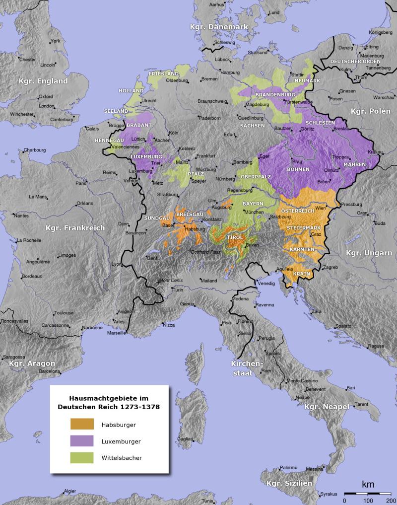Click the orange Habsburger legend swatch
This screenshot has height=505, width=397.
point(81,424)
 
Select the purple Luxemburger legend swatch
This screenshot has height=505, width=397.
point(81,440)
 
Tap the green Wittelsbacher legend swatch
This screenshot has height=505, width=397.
point(81,457)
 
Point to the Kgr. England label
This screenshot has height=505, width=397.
point(43,80)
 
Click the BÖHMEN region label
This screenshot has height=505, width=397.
point(298,169)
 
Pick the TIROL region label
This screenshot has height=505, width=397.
point(234,238)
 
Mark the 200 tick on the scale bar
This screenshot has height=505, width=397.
point(391,500)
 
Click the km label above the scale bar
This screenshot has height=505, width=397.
point(368,484)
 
